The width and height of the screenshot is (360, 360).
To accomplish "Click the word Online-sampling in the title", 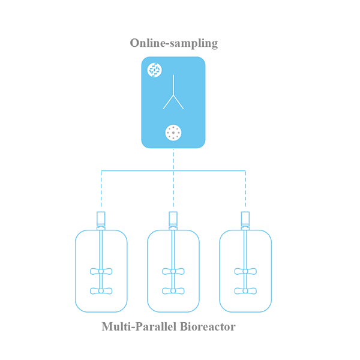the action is (x=174, y=43).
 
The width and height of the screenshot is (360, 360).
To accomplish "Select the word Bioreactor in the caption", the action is (x=208, y=326).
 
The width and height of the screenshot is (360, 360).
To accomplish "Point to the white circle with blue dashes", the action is (x=155, y=70).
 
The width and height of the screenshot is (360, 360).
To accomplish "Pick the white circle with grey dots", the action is (x=173, y=133).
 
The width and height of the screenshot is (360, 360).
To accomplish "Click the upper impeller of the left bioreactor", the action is (x=101, y=271).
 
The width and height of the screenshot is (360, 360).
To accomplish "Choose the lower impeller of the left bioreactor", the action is (x=101, y=291).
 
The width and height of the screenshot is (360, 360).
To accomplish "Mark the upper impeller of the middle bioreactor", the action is (x=173, y=271).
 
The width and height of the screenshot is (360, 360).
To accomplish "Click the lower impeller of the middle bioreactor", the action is (x=173, y=291).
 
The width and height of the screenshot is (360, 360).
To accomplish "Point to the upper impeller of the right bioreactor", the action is (x=245, y=271).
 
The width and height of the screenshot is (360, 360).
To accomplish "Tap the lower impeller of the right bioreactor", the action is (x=245, y=291).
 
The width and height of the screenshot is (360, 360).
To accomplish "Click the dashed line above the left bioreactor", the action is (x=101, y=189).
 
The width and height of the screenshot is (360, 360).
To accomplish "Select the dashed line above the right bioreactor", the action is (x=245, y=189).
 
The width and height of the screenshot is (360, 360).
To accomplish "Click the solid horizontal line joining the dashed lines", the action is (x=173, y=170).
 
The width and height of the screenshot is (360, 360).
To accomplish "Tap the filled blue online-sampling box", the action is (x=173, y=103).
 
